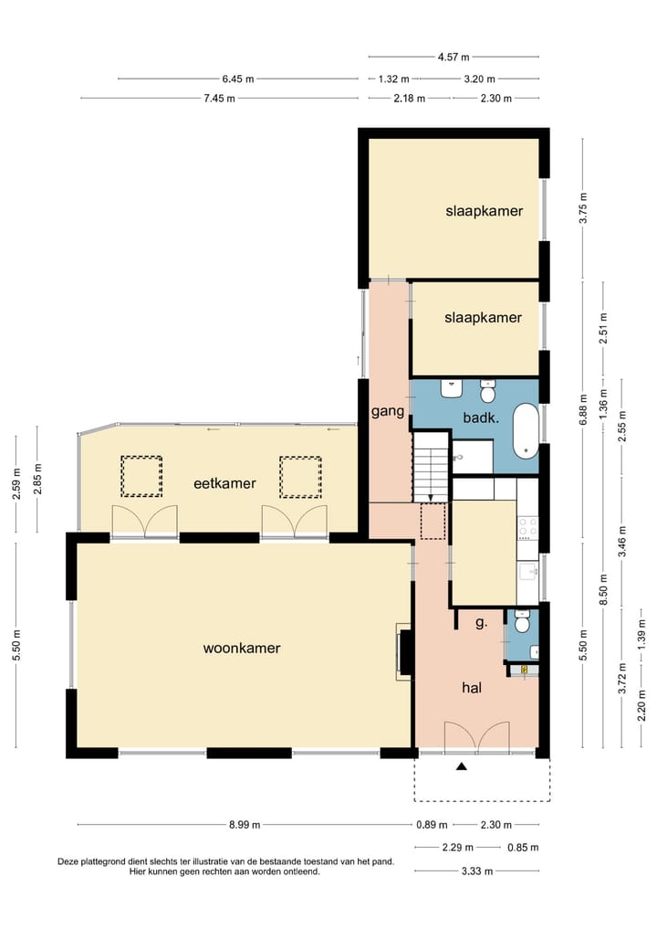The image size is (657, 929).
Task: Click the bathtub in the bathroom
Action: click(x=526, y=430)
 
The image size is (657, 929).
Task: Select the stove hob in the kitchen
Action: click(x=527, y=526)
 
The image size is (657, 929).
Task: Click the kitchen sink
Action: click(x=527, y=572)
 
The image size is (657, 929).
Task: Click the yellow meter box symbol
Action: click(x=526, y=670)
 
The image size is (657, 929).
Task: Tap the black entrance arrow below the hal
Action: click(x=463, y=767)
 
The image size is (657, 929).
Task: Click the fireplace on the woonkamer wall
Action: click(x=405, y=651)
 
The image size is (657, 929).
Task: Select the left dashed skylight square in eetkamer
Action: click(x=141, y=476)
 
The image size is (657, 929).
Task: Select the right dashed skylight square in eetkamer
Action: click(x=301, y=476)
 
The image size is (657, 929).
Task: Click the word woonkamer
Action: click(x=241, y=649)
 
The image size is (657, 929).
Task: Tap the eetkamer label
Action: click(x=224, y=483)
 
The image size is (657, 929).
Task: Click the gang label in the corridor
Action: click(x=387, y=412)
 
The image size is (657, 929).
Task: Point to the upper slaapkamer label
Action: click(x=484, y=211)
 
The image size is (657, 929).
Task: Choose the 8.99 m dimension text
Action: click(x=245, y=825)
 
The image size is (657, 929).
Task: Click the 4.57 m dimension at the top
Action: click(x=454, y=57)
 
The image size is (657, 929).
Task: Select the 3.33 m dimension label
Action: click(x=477, y=871)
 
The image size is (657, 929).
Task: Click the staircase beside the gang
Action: click(x=431, y=466)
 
